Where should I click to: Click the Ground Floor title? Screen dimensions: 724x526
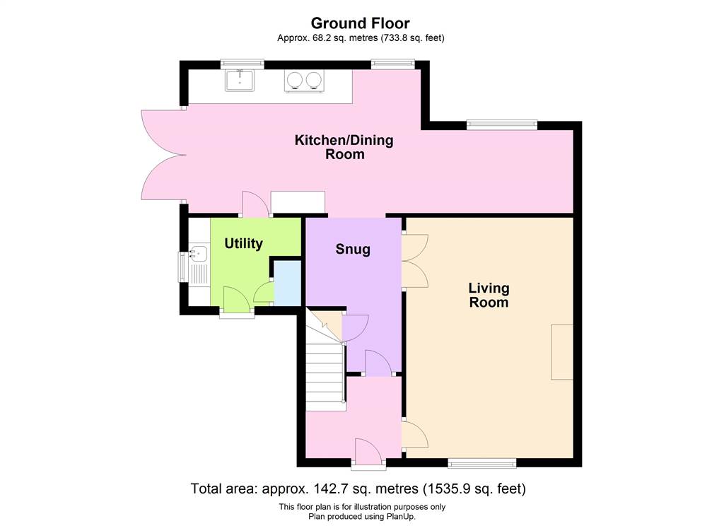click(360, 23)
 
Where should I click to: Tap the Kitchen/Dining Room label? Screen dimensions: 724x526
click(344, 147)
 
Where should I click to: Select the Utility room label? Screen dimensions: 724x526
click(243, 243)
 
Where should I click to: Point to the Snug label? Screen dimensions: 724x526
click(353, 250)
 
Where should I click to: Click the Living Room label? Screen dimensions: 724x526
click(489, 295)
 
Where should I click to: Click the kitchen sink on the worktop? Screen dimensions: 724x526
click(240, 81)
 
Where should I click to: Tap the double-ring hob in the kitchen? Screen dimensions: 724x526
click(304, 81)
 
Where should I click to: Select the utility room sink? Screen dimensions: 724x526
click(199, 254)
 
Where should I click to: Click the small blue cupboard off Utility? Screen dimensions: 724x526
click(287, 283)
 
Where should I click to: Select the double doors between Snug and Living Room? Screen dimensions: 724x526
click(415, 262)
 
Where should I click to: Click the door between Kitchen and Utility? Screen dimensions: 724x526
click(255, 204)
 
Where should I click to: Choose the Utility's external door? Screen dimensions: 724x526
click(236, 300)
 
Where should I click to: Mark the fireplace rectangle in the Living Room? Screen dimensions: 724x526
click(562, 352)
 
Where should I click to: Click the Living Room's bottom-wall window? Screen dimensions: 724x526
click(481, 463)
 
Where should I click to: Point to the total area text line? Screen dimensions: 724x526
click(358, 488)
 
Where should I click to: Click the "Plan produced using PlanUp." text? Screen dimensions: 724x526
click(362, 516)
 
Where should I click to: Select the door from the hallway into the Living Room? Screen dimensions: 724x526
click(415, 435)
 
